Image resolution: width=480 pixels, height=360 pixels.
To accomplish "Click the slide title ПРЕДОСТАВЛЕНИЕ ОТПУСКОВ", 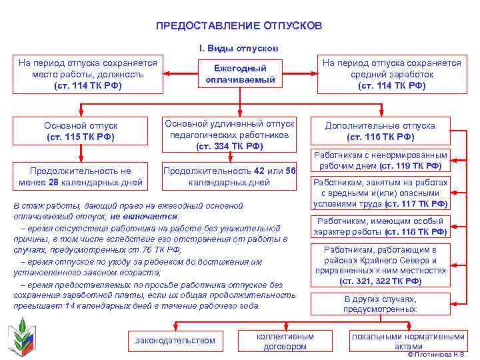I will (x=239, y=25).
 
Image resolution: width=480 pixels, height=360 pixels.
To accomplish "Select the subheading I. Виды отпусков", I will (x=239, y=49).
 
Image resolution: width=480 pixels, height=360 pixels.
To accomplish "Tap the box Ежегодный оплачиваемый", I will (x=240, y=74).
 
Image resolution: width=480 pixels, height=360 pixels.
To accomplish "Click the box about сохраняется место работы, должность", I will (x=88, y=74).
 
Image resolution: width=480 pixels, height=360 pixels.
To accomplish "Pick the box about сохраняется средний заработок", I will (x=392, y=74).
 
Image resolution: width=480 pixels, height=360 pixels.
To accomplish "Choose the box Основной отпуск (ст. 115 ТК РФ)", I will (x=81, y=131).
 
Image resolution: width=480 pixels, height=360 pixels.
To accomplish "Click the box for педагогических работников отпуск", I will (x=229, y=135).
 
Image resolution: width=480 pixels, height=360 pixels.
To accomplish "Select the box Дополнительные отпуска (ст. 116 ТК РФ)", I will (x=380, y=131).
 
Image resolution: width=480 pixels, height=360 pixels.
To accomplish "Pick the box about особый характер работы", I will (x=381, y=226).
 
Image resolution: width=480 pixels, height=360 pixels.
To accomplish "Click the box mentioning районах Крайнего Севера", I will (x=381, y=265).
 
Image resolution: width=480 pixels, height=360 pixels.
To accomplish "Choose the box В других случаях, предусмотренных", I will (x=381, y=304).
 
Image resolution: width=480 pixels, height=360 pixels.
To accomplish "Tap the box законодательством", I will (x=175, y=341).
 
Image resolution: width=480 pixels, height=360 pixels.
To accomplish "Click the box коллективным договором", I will (x=285, y=341).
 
